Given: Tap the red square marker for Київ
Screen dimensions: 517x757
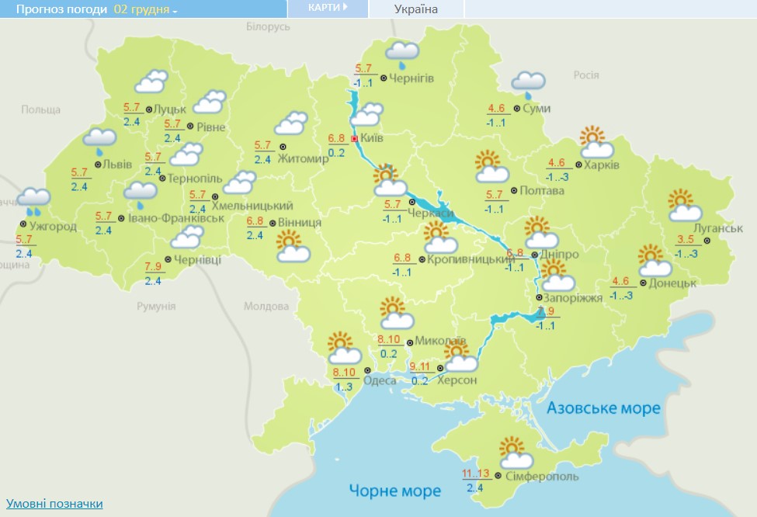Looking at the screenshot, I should pyautogui.click(x=355, y=138).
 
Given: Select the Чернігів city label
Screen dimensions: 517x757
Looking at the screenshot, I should pyautogui.click(x=412, y=78).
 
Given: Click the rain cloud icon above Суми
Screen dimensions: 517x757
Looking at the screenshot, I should pyautogui.click(x=528, y=82).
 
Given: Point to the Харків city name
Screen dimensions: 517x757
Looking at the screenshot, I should pyautogui.click(x=602, y=165).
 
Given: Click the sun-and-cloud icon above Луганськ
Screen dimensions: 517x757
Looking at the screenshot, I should pyautogui.click(x=683, y=205).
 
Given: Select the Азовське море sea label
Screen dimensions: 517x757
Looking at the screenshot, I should pyautogui.click(x=603, y=408).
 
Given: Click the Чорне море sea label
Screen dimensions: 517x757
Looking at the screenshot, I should pyautogui.click(x=394, y=491).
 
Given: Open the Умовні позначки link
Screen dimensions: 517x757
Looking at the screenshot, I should pyautogui.click(x=54, y=504).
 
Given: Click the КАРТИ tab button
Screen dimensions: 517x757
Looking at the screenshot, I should pyautogui.click(x=327, y=8).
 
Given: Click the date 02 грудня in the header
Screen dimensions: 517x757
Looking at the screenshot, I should pyautogui.click(x=144, y=10).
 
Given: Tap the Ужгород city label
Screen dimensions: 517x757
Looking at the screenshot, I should pyautogui.click(x=53, y=227).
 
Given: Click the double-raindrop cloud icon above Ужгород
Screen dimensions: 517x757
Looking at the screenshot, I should pyautogui.click(x=32, y=200).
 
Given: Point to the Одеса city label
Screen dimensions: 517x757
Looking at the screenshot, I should pyautogui.click(x=380, y=380).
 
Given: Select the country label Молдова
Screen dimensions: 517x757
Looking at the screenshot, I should pyautogui.click(x=266, y=306).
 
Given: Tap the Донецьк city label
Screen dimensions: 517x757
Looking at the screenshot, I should pyautogui.click(x=672, y=283).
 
